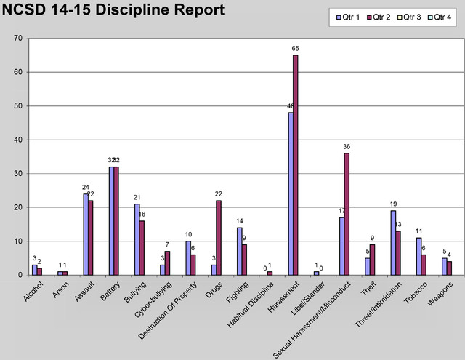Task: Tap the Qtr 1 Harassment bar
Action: [x=291, y=193]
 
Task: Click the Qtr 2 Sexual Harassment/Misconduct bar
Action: [x=347, y=214]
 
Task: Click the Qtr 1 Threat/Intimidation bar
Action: [x=392, y=243]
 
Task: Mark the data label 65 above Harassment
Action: [x=296, y=49]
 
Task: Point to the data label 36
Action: [x=347, y=147]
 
